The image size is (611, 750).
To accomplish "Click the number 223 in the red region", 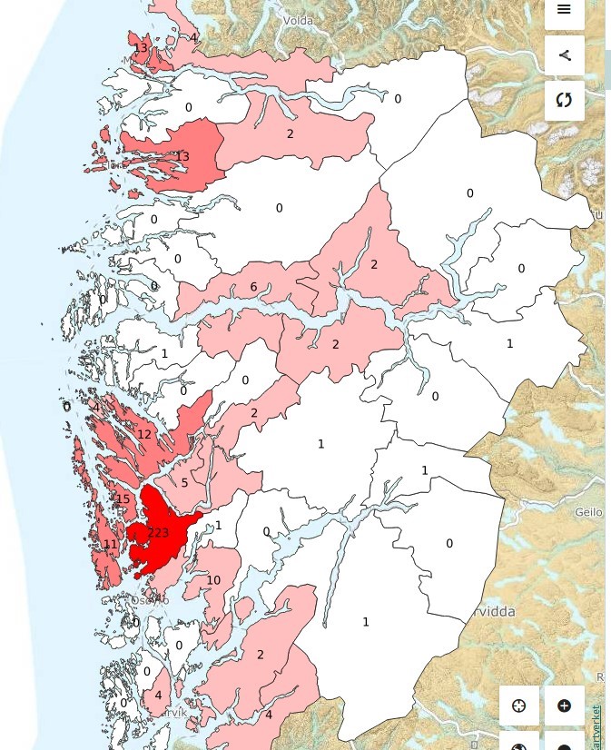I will (x=158, y=533).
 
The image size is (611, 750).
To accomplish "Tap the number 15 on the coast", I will (x=123, y=499).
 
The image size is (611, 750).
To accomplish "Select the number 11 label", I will (x=110, y=545).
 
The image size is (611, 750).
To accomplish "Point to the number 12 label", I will (x=144, y=435).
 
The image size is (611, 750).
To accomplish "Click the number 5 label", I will (x=184, y=483).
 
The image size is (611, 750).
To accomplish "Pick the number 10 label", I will (x=213, y=580).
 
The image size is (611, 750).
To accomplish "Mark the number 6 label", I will (x=253, y=288).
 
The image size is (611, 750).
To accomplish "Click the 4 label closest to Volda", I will (x=192, y=38).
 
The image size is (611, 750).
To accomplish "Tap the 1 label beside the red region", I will (x=219, y=526).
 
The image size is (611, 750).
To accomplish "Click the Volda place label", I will (x=297, y=20).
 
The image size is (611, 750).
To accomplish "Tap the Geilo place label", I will (x=588, y=512).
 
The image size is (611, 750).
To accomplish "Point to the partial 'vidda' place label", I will (x=491, y=612).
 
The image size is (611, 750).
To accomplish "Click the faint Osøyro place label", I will (x=150, y=600).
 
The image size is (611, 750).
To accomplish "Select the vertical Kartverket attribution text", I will (x=596, y=726).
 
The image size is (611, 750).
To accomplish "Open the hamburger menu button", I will (x=564, y=10).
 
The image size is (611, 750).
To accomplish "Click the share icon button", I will (x=564, y=55).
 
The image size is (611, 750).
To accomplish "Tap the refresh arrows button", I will (x=564, y=100).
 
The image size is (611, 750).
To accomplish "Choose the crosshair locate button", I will (x=519, y=706).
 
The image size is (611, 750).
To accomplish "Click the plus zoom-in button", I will (x=564, y=706).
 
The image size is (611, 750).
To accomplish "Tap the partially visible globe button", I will (x=519, y=745).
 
